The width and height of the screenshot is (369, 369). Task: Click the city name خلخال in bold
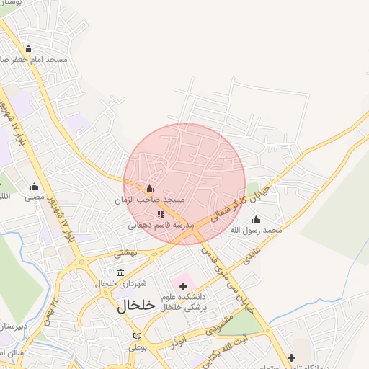(136, 305)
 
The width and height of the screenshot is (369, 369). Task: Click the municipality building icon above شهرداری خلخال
(120, 272)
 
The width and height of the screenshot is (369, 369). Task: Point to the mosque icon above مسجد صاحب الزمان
(149, 189)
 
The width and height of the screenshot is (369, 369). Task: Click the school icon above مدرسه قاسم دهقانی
(161, 214)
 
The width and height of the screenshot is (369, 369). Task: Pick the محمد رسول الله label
(256, 230)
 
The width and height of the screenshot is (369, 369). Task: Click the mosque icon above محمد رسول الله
(256, 220)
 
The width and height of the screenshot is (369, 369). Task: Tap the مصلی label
(34, 196)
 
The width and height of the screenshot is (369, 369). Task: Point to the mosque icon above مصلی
(34, 186)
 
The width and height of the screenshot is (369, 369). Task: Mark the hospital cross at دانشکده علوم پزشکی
(183, 286)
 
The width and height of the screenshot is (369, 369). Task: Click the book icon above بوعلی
(137, 336)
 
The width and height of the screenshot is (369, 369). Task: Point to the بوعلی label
(138, 347)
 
